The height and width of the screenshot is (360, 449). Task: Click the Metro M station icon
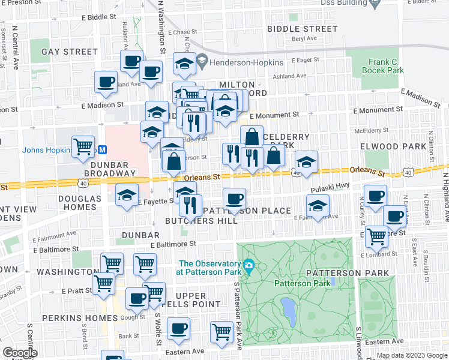click(x=103, y=149)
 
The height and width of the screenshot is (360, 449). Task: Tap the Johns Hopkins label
click(x=47, y=150)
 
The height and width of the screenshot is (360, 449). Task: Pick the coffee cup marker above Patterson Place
click(x=234, y=198)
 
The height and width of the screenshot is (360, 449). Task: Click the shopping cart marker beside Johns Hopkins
click(x=83, y=146)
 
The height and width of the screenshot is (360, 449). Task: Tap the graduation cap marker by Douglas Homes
click(x=127, y=194)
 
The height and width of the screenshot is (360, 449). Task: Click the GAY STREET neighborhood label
click(x=69, y=52)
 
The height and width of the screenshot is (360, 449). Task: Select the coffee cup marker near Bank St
click(x=179, y=328)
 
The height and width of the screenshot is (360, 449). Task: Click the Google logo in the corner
click(x=20, y=353)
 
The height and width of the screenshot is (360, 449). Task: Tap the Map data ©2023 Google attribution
click(x=411, y=356)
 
